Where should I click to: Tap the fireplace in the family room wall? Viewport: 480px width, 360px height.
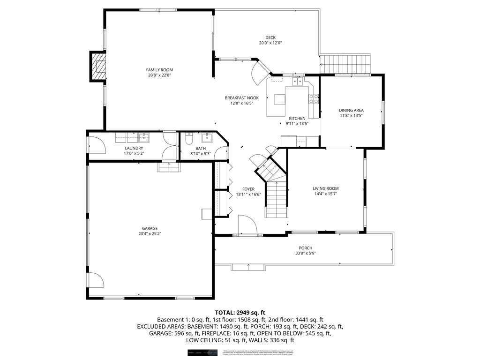pos(98,67)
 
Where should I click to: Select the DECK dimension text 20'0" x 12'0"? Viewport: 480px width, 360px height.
pos(270,43)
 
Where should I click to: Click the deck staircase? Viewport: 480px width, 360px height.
pos(345,64)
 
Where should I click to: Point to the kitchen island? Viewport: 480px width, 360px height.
pos(280,99)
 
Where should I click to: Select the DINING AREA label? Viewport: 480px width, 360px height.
pos(351,110)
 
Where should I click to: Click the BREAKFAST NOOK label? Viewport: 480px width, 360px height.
pos(241,98)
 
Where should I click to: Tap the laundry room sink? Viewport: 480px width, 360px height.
pos(144,137)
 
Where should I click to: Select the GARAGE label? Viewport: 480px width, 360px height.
pos(150,228)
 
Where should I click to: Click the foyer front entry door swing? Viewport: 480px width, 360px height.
pos(247,225)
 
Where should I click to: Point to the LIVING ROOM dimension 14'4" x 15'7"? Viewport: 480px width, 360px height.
pos(325,194)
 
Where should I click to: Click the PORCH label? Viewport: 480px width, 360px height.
pos(306,248)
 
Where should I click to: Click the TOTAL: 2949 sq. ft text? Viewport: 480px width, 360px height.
pos(240,312)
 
